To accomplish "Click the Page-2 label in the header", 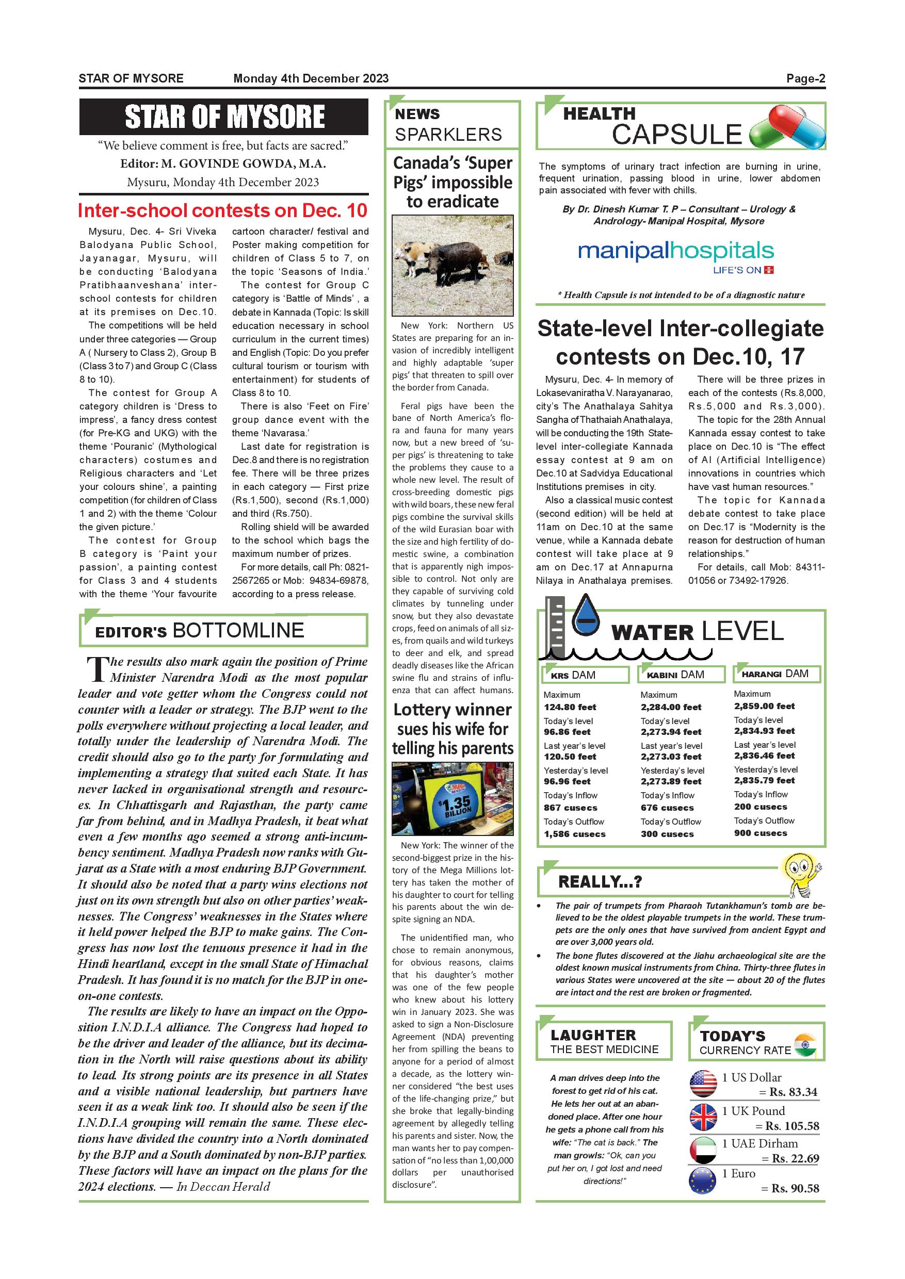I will [805, 78].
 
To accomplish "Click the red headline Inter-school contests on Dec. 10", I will [223, 210].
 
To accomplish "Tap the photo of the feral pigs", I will [453, 265].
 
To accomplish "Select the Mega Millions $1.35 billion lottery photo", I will [453, 798].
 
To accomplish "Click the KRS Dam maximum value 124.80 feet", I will [570, 707].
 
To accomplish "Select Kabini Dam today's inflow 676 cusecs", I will [667, 807].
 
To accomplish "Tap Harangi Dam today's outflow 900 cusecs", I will [760, 833].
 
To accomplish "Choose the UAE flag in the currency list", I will [703, 1150].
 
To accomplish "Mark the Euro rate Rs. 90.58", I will [795, 1188].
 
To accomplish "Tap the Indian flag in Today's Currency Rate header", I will [805, 1044].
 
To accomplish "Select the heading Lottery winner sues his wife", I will [453, 729].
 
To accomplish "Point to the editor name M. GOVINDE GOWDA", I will [244, 164].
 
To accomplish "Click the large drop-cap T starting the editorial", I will [97, 669].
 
